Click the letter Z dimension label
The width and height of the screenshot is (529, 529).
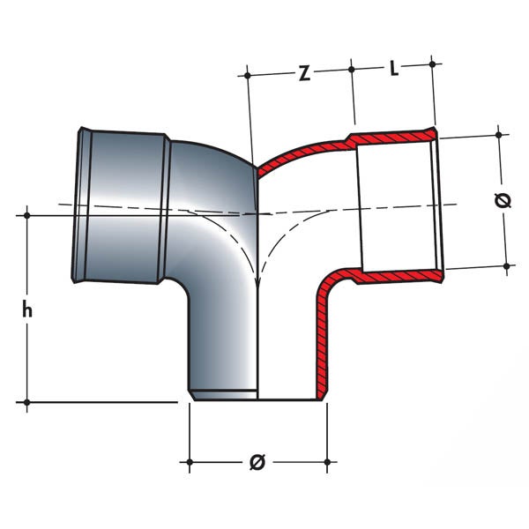[x=305, y=73]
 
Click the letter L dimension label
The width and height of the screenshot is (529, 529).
[x=394, y=69]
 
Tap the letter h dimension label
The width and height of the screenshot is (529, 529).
[x=27, y=309]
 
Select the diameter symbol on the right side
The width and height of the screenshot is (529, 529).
[x=503, y=201]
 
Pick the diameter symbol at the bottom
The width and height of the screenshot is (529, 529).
[x=258, y=462]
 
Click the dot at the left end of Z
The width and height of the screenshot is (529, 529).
[x=247, y=76]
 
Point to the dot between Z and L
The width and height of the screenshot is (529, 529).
[x=352, y=70]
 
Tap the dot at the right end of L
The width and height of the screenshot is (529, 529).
[x=432, y=63]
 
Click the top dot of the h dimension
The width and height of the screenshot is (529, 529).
[x=27, y=215]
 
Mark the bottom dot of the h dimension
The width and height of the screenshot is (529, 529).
[x=27, y=402]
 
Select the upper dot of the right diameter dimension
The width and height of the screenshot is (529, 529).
[x=499, y=135]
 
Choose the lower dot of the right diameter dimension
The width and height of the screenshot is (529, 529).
[x=506, y=266]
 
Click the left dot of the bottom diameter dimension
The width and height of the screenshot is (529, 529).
[x=190, y=461]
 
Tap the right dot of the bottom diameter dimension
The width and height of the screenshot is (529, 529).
[x=327, y=461]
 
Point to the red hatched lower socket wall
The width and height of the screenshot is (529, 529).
[x=399, y=276]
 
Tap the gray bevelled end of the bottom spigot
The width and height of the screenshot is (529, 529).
[x=223, y=394]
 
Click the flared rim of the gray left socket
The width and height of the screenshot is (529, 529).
[x=78, y=205]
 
